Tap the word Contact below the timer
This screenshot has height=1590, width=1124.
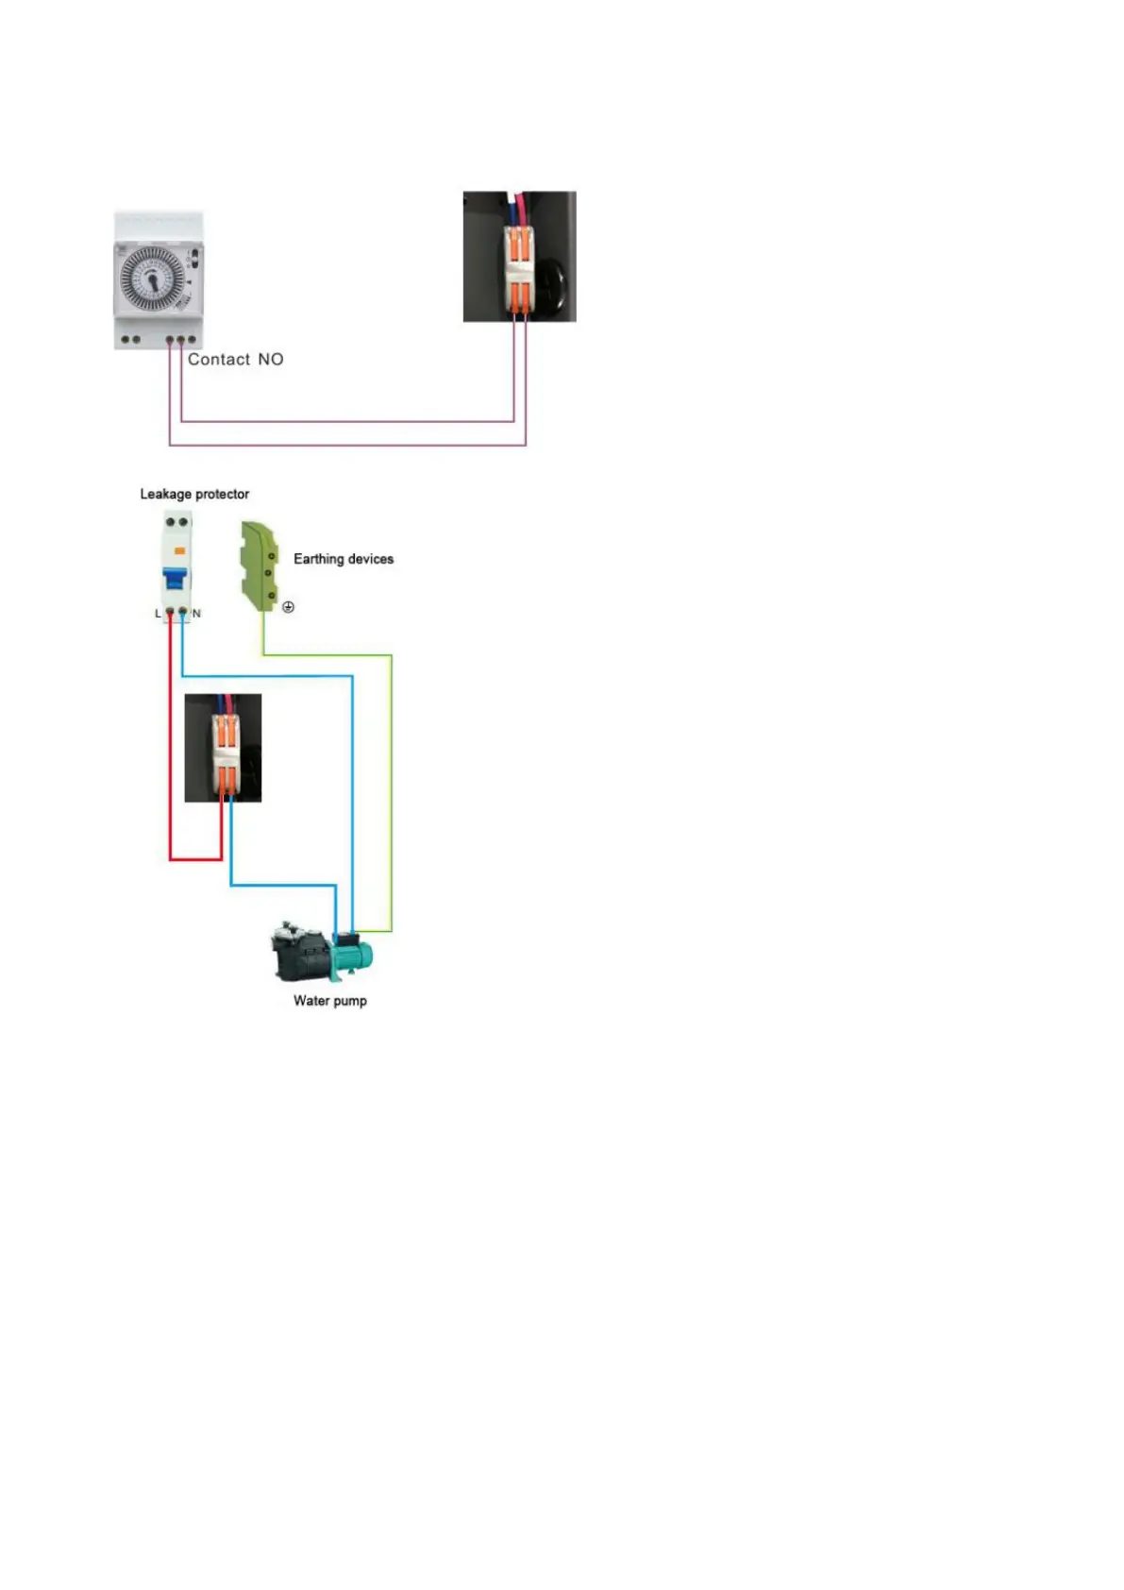click(219, 360)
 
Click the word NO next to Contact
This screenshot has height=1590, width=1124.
click(271, 360)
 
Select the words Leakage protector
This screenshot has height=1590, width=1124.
click(194, 494)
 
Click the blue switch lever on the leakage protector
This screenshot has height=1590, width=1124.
click(175, 577)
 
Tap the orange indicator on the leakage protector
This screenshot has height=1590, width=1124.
click(179, 550)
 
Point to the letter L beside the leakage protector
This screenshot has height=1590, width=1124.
click(158, 614)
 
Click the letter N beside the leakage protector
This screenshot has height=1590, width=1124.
click(196, 614)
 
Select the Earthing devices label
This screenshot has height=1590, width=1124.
click(344, 559)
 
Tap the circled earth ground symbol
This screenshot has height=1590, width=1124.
click(289, 607)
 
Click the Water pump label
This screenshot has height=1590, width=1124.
click(329, 1001)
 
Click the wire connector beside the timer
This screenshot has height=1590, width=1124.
click(518, 257)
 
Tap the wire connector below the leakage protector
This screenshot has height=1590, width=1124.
click(225, 748)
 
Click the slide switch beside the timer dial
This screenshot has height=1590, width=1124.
click(193, 257)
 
